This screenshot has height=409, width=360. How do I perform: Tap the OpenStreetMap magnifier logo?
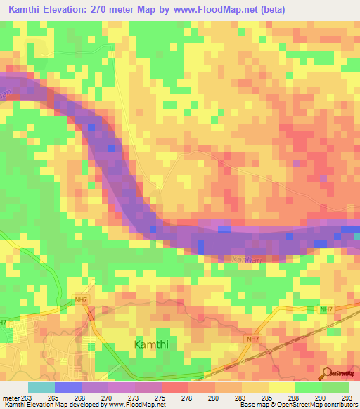coord(328,374)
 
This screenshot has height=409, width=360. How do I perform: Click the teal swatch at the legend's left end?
coord(41,387)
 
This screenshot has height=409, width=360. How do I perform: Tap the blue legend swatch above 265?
coord(67,387)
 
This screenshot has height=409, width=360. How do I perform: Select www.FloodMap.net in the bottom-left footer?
coord(136,405)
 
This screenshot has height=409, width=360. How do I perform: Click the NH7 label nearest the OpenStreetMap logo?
coord(326,309)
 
